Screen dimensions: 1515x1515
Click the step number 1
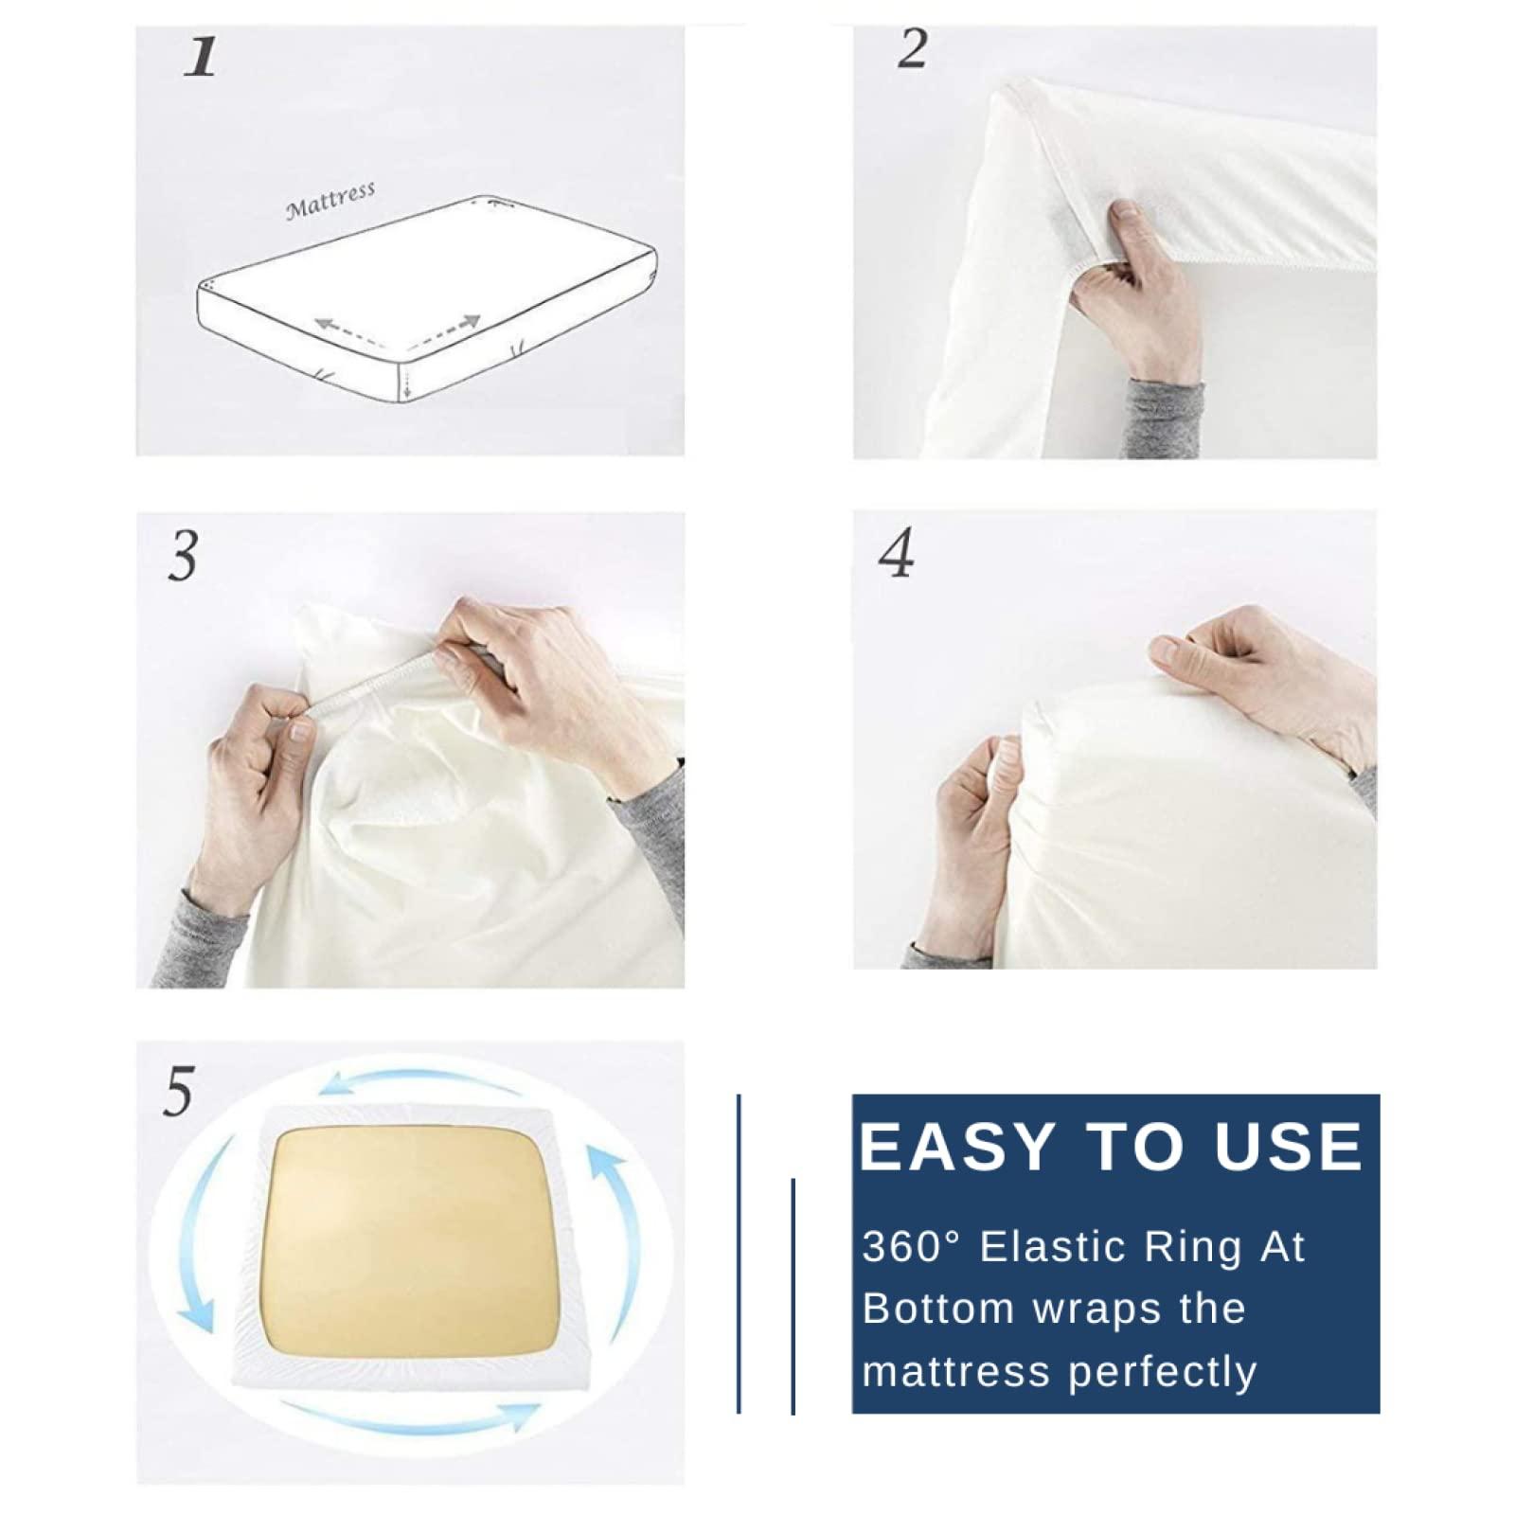tap(201, 57)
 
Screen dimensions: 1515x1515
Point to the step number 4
tap(897, 553)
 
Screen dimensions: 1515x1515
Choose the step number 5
tap(178, 1091)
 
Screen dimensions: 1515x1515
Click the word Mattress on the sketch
tap(330, 200)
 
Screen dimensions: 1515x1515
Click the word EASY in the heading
tap(957, 1147)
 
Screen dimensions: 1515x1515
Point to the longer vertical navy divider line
tap(739, 1254)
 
